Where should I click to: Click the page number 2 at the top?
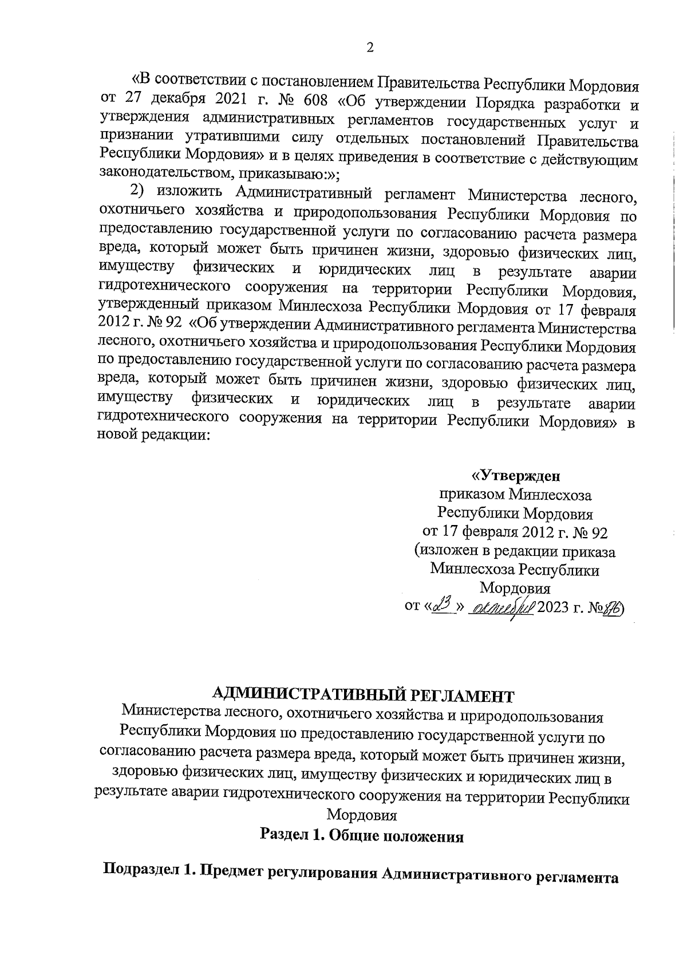(x=369, y=48)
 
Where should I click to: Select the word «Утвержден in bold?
(x=515, y=475)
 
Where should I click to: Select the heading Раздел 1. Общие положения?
(x=361, y=835)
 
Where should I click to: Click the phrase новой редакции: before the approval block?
(x=153, y=434)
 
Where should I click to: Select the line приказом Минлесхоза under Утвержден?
(x=515, y=494)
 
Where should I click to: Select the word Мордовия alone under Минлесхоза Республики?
(x=515, y=589)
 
